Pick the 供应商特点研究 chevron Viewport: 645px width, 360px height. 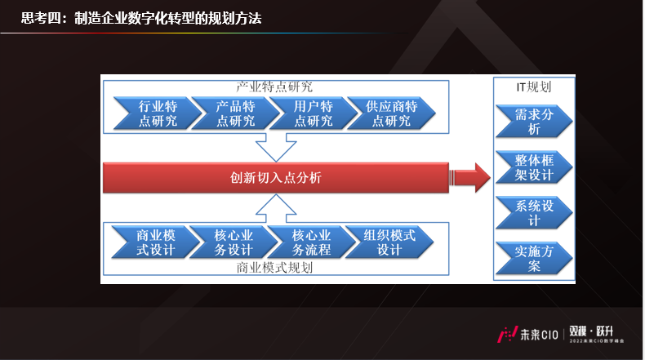391,113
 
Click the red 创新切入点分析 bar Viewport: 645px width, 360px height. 276,178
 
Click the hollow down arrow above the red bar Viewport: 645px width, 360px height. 276,147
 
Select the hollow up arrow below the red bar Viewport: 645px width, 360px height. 276,209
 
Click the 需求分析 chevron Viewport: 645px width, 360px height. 534,122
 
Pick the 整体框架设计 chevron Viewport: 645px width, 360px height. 534,167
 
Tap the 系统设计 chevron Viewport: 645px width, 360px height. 534,213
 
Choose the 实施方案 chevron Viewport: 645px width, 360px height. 534,259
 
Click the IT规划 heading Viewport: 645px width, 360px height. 534,87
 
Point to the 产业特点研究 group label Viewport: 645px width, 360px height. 275,87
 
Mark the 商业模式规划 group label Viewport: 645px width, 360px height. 275,268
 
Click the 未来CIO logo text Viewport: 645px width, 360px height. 540,335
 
